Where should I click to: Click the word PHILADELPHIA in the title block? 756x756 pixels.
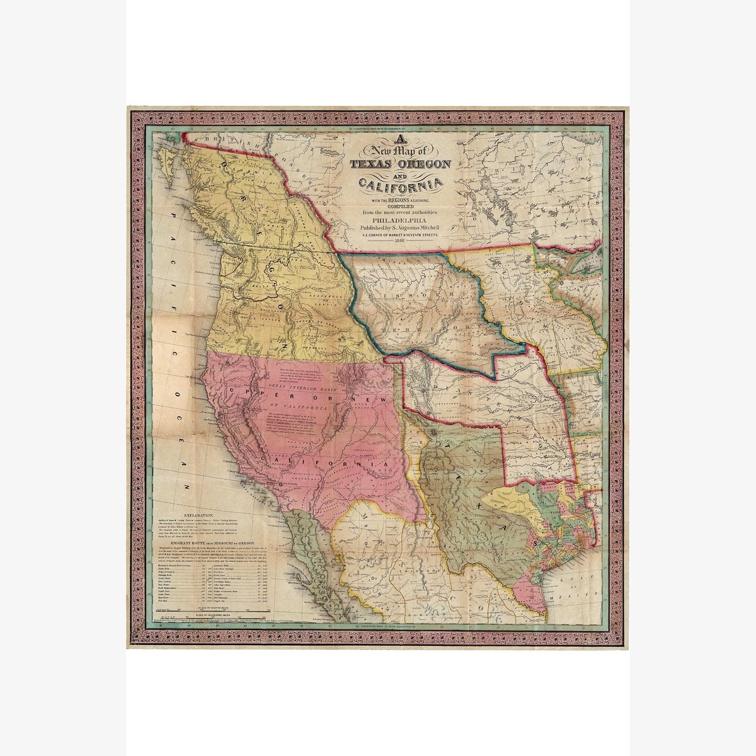click(x=399, y=220)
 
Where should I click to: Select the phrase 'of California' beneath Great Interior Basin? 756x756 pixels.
click(x=307, y=406)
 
